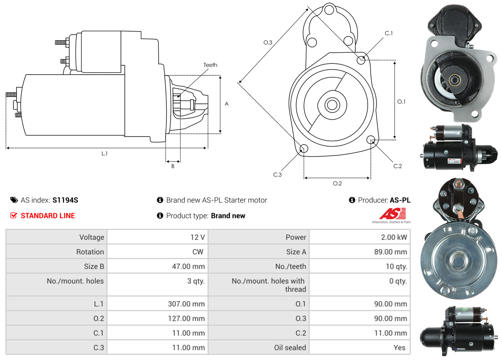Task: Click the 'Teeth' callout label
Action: click(x=210, y=65)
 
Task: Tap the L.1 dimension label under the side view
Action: click(x=104, y=153)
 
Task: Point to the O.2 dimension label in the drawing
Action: click(x=337, y=183)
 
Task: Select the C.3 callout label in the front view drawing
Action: click(x=277, y=175)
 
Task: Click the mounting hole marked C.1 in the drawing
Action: click(x=361, y=60)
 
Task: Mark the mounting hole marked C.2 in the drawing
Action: click(x=371, y=140)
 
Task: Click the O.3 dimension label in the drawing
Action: click(x=268, y=42)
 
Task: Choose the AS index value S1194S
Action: click(x=65, y=200)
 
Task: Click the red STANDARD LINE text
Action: click(x=48, y=216)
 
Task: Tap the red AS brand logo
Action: click(x=392, y=213)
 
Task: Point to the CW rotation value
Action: click(x=197, y=252)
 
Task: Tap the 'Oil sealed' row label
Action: click(x=290, y=347)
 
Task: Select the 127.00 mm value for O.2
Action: click(x=186, y=318)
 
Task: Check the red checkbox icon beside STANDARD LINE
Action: click(x=14, y=215)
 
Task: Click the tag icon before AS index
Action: click(x=14, y=200)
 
